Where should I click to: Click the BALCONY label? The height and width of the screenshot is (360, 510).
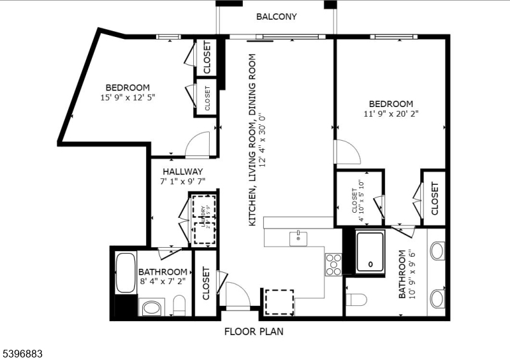point(277,17)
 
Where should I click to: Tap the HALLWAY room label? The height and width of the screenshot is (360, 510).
point(182,171)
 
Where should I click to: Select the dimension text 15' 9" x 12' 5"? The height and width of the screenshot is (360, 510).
point(127,97)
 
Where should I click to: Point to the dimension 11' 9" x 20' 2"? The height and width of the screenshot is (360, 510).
point(391,114)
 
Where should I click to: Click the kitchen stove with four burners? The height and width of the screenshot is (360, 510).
point(333,264)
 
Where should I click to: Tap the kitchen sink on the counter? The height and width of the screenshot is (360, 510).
point(298,239)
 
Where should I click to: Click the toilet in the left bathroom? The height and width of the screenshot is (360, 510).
point(179,305)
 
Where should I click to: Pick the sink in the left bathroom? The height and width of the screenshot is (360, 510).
point(152,308)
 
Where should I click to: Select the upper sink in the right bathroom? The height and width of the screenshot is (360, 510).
point(437,251)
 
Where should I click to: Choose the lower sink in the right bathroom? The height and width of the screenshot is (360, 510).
point(437,298)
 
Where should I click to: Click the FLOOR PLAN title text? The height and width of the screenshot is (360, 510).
point(253,331)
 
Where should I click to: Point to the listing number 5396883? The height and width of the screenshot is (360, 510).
point(22,352)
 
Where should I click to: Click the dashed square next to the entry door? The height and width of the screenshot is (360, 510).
point(279,301)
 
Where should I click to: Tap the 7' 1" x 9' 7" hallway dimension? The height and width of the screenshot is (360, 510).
point(182,182)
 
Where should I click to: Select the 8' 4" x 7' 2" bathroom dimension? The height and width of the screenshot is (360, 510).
point(163,282)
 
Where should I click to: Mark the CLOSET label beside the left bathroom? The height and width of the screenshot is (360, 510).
point(206,284)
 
